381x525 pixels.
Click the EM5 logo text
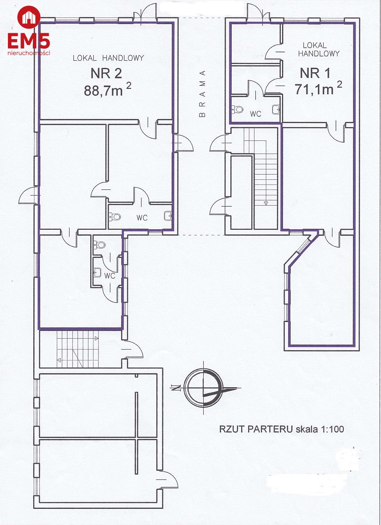tap(29, 41)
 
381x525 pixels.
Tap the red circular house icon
tap(29, 17)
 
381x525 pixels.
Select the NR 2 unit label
tap(106, 73)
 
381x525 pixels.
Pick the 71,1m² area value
tap(318, 87)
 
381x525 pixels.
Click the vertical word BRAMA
tap(202, 93)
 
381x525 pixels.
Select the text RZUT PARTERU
tap(256, 429)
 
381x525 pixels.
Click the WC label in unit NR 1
tap(255, 114)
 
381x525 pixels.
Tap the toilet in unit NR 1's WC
tap(237, 109)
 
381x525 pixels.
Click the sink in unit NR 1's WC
tap(276, 109)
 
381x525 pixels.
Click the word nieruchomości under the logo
tap(29, 53)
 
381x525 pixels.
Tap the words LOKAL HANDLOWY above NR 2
tap(108, 58)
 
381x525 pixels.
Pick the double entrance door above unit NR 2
tap(145, 12)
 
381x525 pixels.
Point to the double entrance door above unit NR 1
tap(258, 12)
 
